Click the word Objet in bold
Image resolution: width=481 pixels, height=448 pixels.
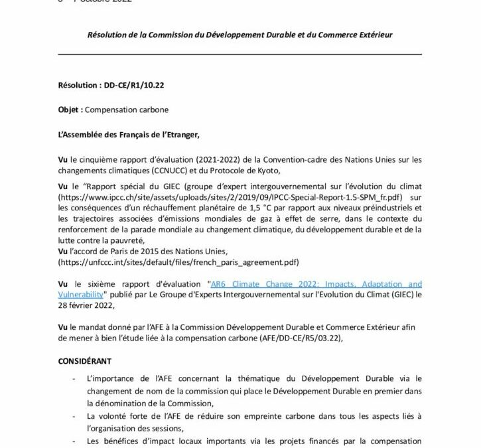70,110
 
